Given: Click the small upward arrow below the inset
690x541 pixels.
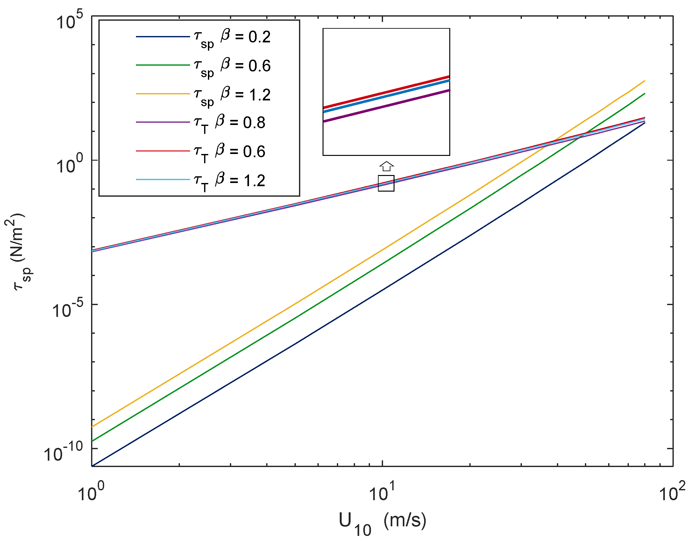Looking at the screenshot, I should [x=387, y=166].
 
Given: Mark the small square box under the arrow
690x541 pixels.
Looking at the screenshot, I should [x=386, y=183].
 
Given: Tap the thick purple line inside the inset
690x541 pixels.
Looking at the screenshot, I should [x=386, y=106].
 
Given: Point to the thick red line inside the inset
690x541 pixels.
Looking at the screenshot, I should [x=386, y=92].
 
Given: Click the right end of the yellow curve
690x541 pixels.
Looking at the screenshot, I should [x=644, y=81].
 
